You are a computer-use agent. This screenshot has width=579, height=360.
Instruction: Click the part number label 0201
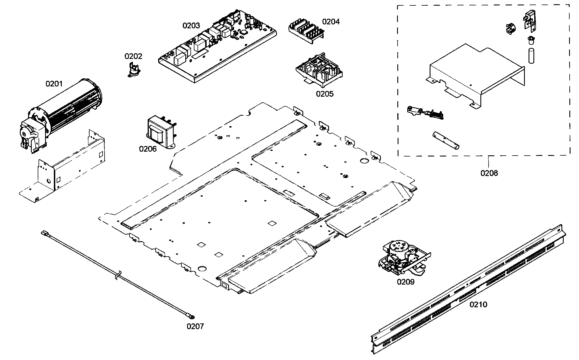pos(54,84)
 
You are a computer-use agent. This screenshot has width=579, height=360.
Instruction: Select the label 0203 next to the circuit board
pos(191,26)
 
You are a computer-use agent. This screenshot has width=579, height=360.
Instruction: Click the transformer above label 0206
pos(160,132)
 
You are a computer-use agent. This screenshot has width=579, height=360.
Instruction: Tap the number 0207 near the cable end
pos(195,326)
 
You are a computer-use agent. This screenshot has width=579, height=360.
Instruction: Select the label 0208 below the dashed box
pos(489,173)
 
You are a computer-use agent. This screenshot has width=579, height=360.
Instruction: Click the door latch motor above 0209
pos(402,258)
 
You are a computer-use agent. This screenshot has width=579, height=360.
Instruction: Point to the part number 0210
pos(478,304)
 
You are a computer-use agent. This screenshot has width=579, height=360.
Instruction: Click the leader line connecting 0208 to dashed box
pos(489,162)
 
